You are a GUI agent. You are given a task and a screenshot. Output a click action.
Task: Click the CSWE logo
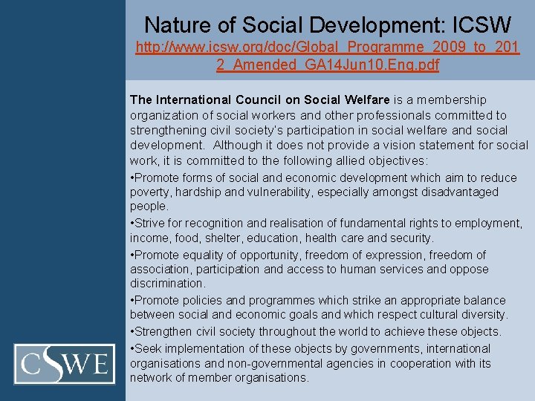click(x=65, y=364)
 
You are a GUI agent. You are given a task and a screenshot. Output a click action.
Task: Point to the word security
click(x=410, y=238)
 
